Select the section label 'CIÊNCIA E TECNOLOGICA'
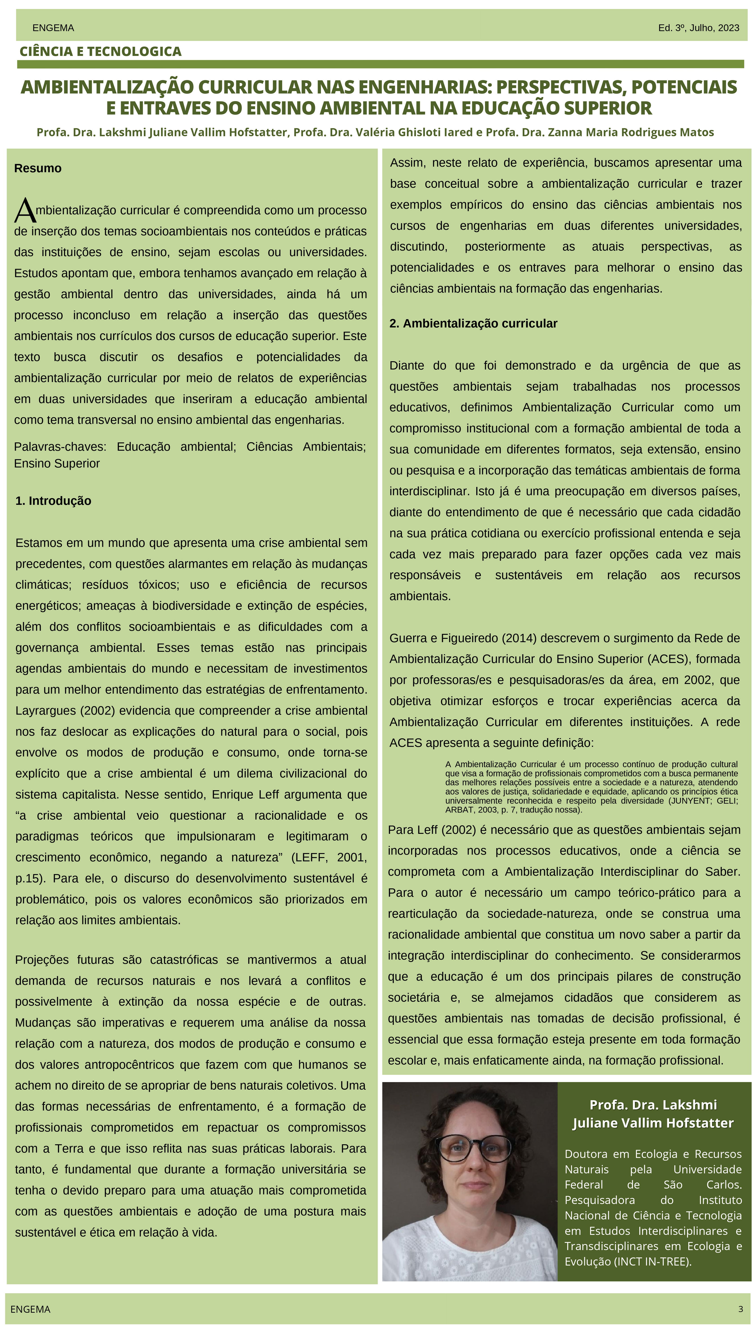coord(101,52)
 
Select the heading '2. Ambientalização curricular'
coord(473,323)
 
